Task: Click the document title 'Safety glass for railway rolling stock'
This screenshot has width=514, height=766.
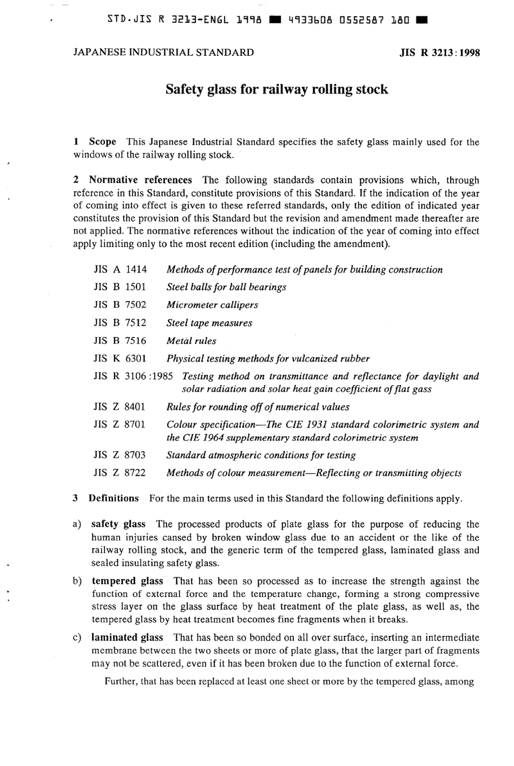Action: [x=276, y=89]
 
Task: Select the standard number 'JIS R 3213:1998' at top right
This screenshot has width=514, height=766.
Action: [x=439, y=53]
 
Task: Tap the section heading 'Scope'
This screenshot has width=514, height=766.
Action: [x=102, y=142]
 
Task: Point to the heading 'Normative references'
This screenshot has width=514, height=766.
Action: [x=140, y=180]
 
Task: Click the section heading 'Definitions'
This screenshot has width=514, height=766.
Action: [x=114, y=498]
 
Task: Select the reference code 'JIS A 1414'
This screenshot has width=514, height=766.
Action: [x=120, y=269]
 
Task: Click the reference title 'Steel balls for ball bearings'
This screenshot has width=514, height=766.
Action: [x=226, y=287]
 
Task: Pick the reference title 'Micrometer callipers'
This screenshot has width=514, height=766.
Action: [x=212, y=305]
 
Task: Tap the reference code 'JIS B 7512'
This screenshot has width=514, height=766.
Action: [x=120, y=323]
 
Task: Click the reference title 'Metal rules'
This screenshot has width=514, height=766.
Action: [x=191, y=341]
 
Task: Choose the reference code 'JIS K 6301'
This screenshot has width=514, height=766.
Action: [x=120, y=359]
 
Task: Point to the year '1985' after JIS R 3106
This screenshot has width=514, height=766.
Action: [x=162, y=376]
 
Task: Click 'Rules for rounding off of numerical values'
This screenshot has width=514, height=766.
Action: [x=258, y=407]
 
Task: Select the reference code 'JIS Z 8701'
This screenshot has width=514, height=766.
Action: [x=120, y=425]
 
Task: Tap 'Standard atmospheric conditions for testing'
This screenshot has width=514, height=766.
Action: [x=261, y=455]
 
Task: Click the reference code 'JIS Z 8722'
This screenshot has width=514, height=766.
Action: [x=120, y=473]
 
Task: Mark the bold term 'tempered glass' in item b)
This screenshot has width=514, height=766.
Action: [x=127, y=581]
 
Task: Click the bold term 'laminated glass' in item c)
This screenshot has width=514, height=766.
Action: [x=127, y=638]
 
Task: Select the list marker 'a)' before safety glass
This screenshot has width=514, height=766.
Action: [x=77, y=524]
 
